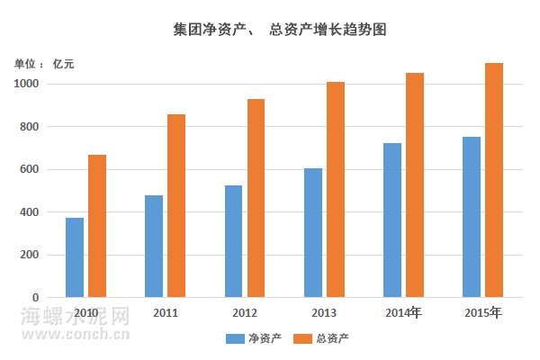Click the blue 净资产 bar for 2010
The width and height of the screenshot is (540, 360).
click(75, 257)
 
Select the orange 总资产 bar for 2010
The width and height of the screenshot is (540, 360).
click(97, 226)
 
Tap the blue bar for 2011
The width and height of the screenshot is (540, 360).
click(154, 246)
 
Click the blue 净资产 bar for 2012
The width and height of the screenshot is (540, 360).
click(233, 241)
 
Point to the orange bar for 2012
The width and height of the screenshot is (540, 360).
click(256, 198)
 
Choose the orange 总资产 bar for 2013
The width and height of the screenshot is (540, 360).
click(335, 189)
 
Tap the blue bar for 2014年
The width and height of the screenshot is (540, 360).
click(391, 220)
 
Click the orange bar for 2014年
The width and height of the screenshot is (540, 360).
click(414, 184)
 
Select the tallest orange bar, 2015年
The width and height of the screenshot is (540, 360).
click(493, 180)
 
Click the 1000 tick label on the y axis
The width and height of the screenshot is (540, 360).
click(27, 84)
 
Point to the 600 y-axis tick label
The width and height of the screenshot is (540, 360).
click(30, 169)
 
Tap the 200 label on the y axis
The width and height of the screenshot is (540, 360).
click(30, 255)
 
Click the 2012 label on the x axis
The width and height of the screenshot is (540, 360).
click(244, 313)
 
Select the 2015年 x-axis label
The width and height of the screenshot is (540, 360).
click(483, 313)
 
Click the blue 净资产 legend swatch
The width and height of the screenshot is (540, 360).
click(235, 338)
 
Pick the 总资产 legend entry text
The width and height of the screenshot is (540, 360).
click(333, 338)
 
